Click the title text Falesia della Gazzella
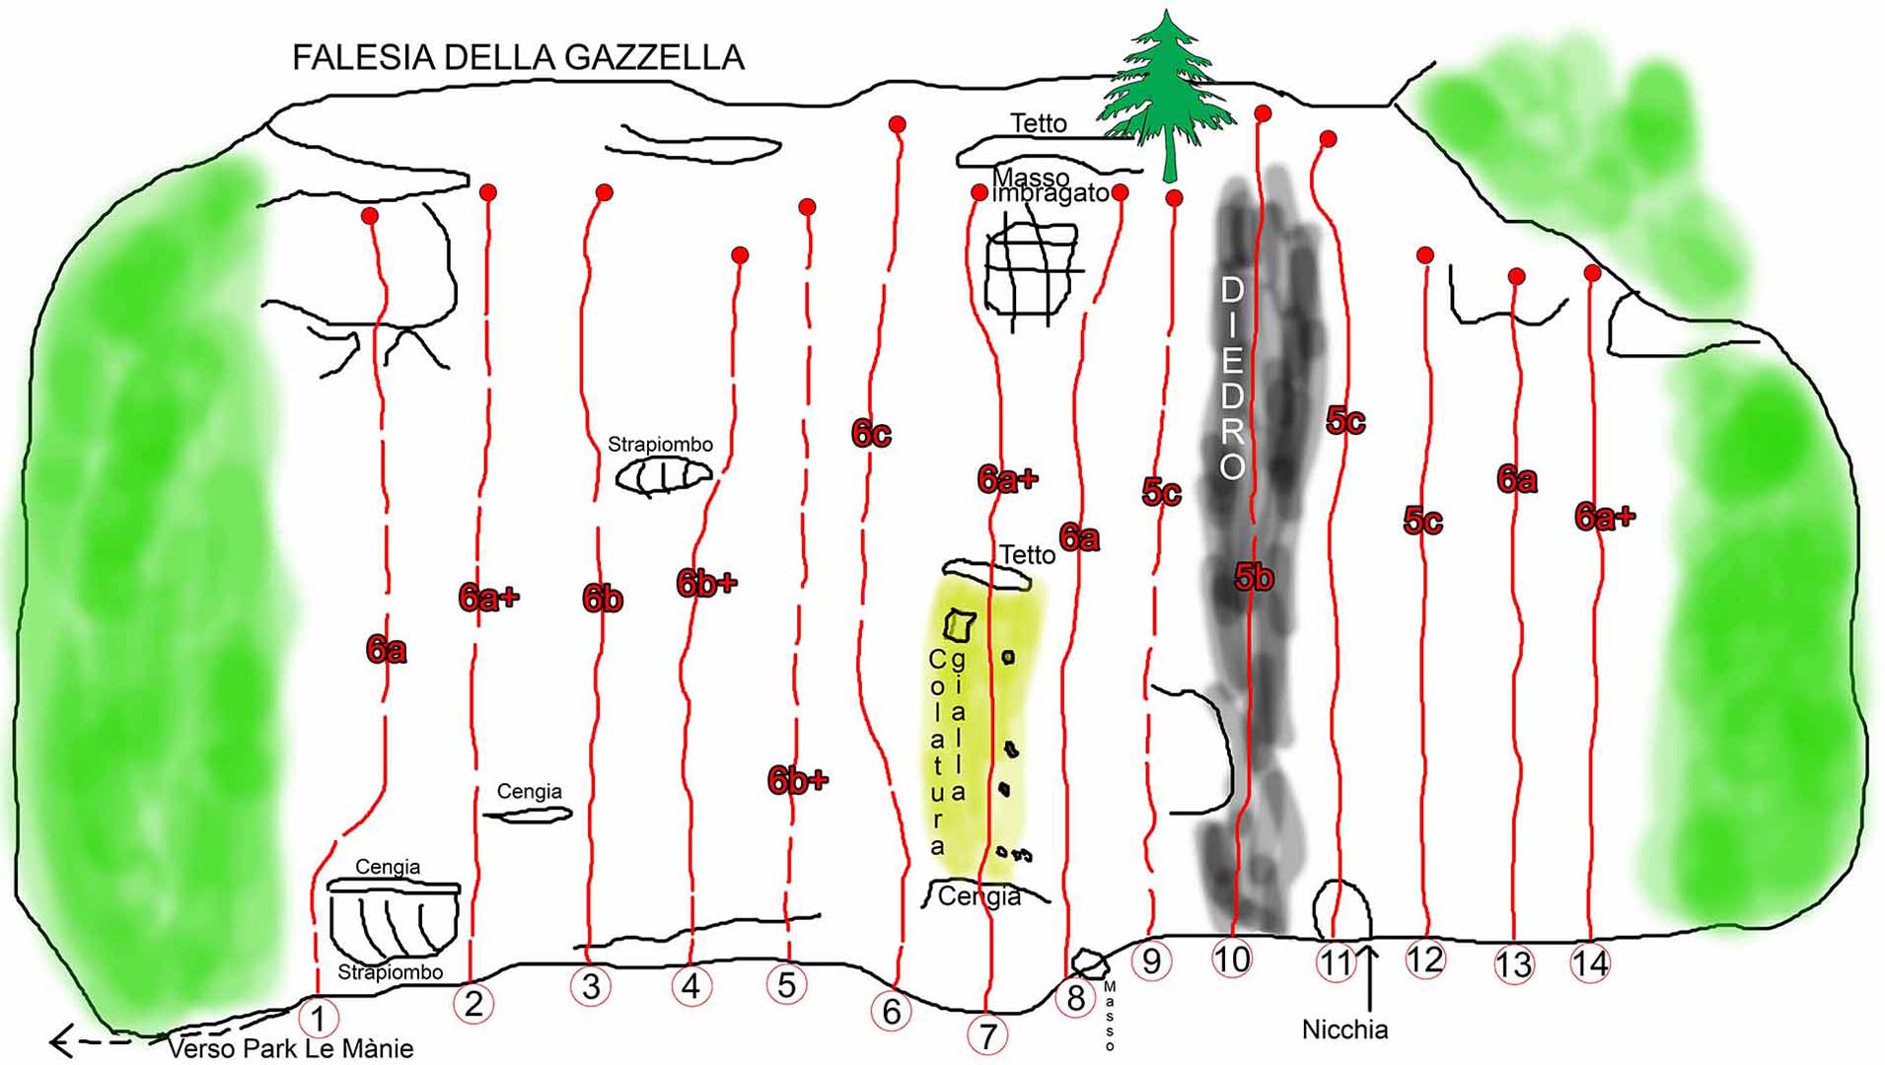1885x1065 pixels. coord(518,57)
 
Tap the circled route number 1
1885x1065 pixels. coord(318,1017)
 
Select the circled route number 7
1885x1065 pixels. coord(987,1035)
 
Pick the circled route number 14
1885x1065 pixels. coord(1590,963)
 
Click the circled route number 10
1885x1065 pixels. coord(1231,958)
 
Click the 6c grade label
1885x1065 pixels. coord(871,433)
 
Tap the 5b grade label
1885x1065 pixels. coord(1254,577)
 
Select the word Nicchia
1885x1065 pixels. coord(1344,1029)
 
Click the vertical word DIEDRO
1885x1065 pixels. coord(1232,378)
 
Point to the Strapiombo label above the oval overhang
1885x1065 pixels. coord(660,445)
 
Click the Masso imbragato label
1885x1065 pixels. coord(1050,185)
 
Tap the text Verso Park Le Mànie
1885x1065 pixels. coord(290,1048)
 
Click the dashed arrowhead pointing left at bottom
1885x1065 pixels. coord(61,1041)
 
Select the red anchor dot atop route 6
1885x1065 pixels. coord(897,124)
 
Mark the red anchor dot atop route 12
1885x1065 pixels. coord(1424,255)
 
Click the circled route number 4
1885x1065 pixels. coord(690,985)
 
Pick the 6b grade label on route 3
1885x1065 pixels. coord(602,598)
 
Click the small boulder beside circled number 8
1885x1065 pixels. coord(1089,962)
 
